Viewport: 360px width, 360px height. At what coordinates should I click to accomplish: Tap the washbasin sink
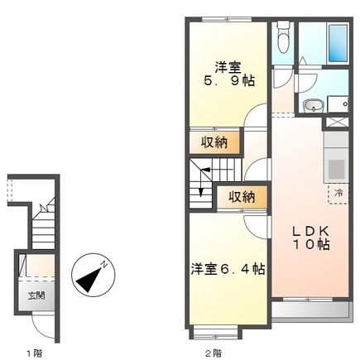click(x=313, y=104)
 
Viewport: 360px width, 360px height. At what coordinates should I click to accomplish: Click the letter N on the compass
click(x=106, y=262)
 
